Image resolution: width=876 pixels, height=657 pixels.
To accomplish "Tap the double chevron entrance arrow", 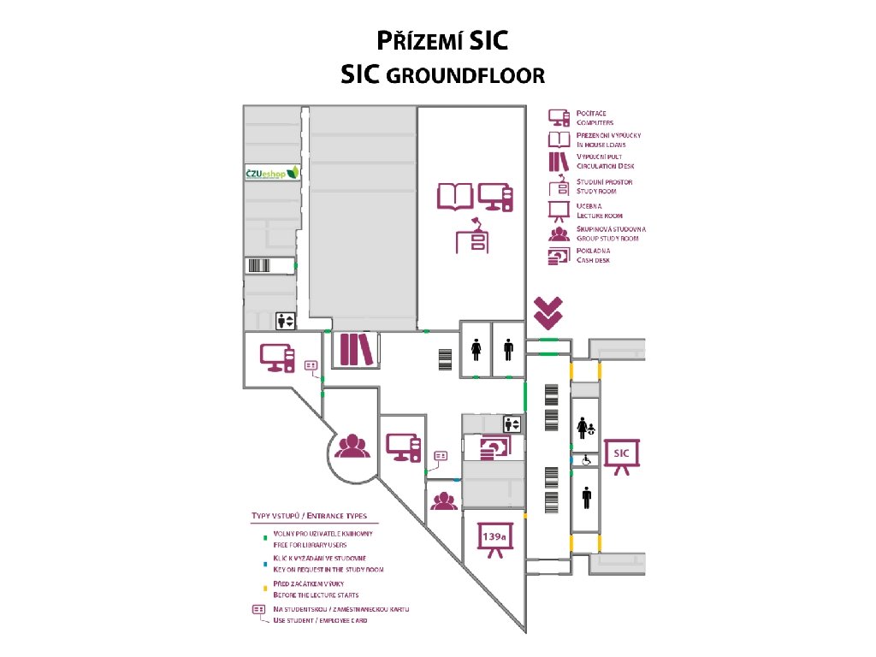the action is click(x=547, y=312).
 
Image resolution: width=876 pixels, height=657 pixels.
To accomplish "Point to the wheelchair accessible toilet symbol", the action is click(x=586, y=459).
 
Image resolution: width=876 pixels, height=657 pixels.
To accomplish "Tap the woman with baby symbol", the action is click(x=586, y=427).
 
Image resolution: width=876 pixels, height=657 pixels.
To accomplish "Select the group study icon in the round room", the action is click(x=351, y=446).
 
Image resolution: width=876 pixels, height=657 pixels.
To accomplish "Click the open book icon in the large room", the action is click(x=455, y=197).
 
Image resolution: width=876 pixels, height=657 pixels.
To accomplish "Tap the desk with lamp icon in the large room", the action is click(x=473, y=237).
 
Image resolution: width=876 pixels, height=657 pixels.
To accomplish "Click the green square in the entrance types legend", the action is click(x=264, y=539).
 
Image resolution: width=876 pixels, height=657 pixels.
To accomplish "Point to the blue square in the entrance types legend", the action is click(x=264, y=564).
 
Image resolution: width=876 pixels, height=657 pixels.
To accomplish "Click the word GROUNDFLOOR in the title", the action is click(x=465, y=75).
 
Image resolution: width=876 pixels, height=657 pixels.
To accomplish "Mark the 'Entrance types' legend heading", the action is click(x=309, y=516).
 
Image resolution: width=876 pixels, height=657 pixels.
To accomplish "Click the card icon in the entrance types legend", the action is click(x=257, y=610).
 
